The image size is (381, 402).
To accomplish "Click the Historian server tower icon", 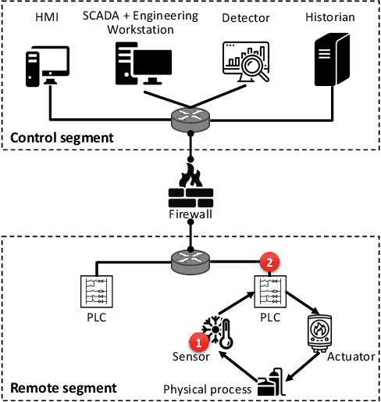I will coord(329,63).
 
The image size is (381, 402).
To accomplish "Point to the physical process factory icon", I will coord(269,381).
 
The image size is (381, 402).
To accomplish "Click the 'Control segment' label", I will coord(62,138).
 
